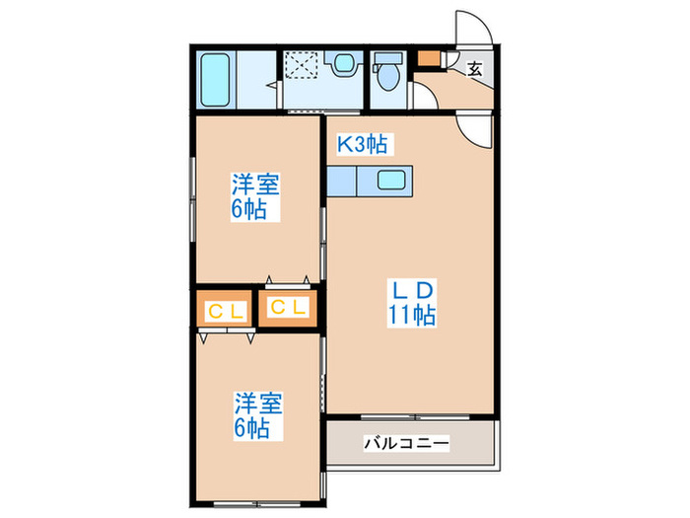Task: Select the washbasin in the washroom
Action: point(342,65)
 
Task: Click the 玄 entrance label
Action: point(475,69)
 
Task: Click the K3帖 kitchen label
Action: point(363,145)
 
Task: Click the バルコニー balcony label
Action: point(406,443)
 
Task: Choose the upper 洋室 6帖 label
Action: point(255,196)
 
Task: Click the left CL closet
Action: point(225,310)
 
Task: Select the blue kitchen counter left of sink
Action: point(348,182)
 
